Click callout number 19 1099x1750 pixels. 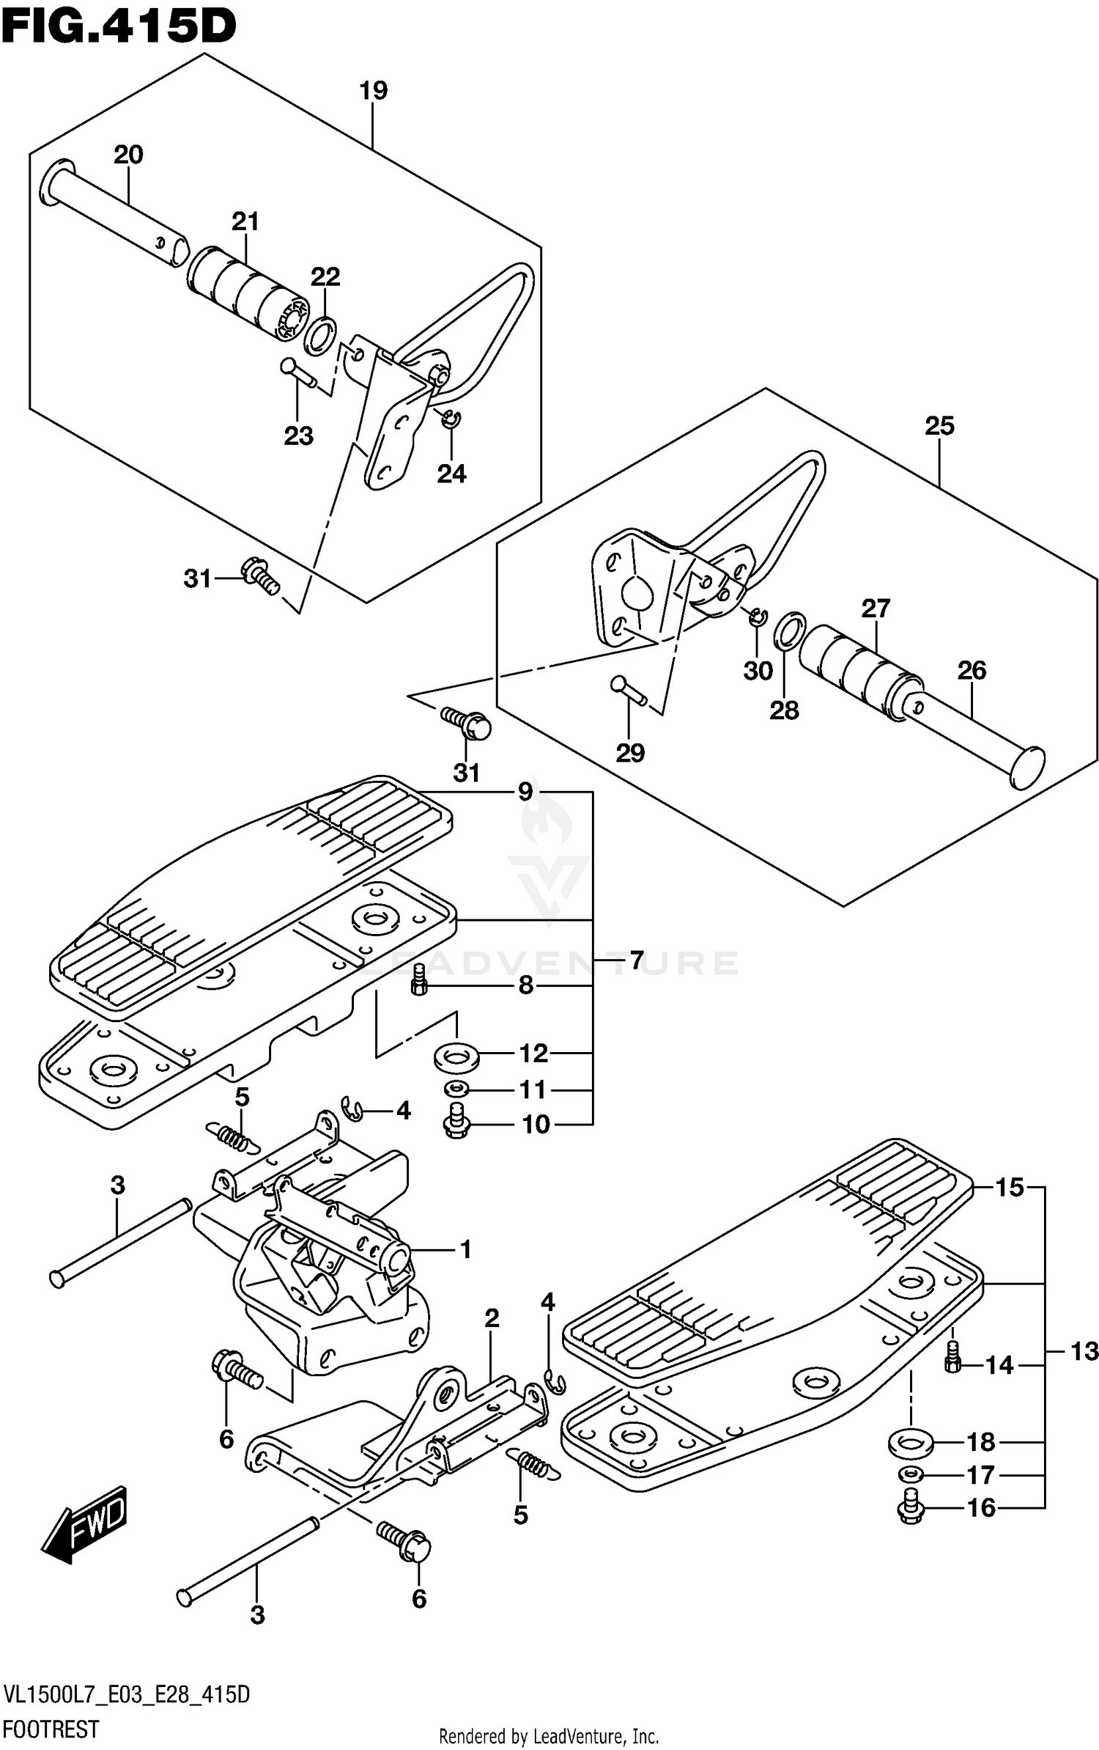click(x=372, y=92)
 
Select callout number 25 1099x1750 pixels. click(x=939, y=426)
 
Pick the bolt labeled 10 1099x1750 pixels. click(x=456, y=1122)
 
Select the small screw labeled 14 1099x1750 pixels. click(x=952, y=1359)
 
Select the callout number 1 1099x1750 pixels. click(x=465, y=1249)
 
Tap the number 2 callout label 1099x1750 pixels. click(x=492, y=1318)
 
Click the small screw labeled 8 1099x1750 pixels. click(x=418, y=981)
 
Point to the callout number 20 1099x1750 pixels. click(x=128, y=155)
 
